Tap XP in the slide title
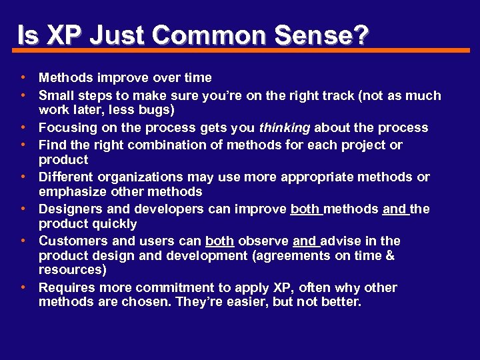pos(64,35)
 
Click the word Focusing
pos(67,128)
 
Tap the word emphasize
pos(71,192)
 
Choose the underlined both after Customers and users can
pos(219,241)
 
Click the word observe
pos(263,241)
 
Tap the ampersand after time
pos(390,256)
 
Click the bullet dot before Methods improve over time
pos(23,78)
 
